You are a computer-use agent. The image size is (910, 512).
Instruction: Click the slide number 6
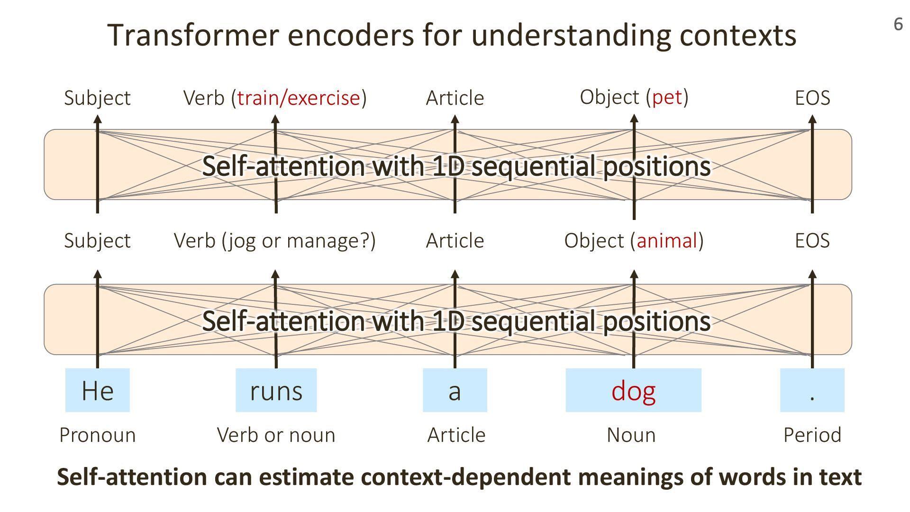pyautogui.click(x=898, y=24)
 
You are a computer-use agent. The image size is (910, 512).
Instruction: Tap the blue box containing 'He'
pyautogui.click(x=97, y=390)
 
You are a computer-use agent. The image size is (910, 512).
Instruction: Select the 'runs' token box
pyautogui.click(x=276, y=390)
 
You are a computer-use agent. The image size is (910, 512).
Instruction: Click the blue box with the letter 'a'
pyautogui.click(x=455, y=390)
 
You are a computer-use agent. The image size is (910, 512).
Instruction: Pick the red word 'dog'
pyautogui.click(x=633, y=392)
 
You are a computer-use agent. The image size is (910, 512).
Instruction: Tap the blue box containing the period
pyautogui.click(x=812, y=390)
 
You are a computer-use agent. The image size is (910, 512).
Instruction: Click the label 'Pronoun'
pyautogui.click(x=97, y=435)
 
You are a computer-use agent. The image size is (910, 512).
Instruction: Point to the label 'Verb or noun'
pyautogui.click(x=276, y=435)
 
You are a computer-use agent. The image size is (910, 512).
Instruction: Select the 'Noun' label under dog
pyautogui.click(x=631, y=435)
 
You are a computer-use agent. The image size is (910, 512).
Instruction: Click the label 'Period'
pyautogui.click(x=812, y=435)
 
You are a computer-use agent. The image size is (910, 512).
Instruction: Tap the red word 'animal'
pyautogui.click(x=667, y=240)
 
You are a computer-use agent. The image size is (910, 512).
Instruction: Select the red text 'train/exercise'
pyautogui.click(x=299, y=98)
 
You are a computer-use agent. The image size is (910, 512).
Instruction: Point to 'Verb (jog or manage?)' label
pyautogui.click(x=274, y=240)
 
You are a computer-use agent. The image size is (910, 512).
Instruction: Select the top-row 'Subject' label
pyautogui.click(x=97, y=98)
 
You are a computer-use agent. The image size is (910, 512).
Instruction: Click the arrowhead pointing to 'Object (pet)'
pyautogui.click(x=634, y=119)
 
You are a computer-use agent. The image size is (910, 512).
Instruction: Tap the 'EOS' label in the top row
pyautogui.click(x=812, y=98)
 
